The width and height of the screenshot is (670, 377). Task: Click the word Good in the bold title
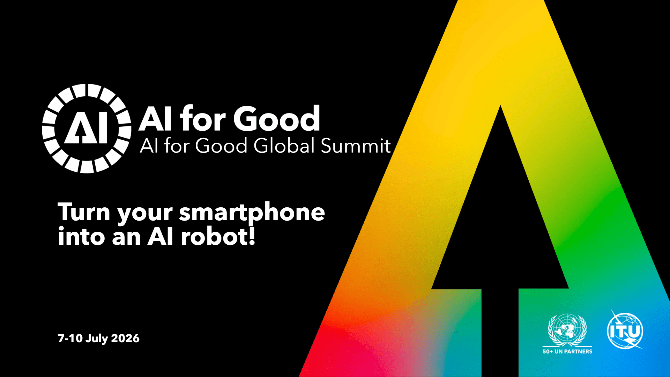click(x=277, y=118)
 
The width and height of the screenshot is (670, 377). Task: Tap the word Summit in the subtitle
click(x=356, y=146)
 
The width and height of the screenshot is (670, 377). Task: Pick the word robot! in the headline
click(x=218, y=236)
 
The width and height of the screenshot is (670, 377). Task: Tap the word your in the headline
click(x=144, y=214)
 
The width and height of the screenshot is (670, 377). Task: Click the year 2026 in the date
click(x=125, y=338)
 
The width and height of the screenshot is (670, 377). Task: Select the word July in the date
click(x=97, y=339)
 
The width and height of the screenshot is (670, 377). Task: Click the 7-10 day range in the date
click(x=70, y=338)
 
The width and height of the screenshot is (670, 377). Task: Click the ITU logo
click(x=625, y=330)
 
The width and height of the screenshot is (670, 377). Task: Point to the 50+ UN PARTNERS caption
click(x=567, y=352)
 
